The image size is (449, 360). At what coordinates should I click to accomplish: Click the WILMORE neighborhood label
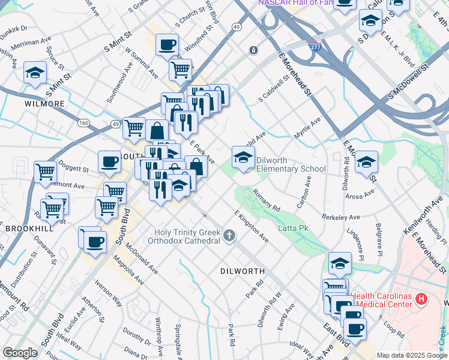[x=44, y=104]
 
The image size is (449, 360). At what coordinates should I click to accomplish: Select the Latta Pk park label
[x=293, y=229]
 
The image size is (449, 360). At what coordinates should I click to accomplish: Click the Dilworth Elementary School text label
[x=291, y=164]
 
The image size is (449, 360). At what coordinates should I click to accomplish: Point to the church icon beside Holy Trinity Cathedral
[x=229, y=236]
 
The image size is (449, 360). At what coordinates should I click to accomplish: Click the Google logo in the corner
[x=20, y=353]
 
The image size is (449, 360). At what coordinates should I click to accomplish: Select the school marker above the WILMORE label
[x=35, y=73]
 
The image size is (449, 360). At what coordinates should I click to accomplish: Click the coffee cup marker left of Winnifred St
[x=167, y=44]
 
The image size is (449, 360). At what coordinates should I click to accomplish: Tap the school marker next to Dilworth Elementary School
[x=243, y=158]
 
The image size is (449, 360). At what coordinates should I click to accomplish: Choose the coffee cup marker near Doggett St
[x=109, y=161]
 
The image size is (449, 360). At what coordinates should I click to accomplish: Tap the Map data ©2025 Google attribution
[x=411, y=355]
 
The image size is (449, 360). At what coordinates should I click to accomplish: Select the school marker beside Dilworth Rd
[x=366, y=163]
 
